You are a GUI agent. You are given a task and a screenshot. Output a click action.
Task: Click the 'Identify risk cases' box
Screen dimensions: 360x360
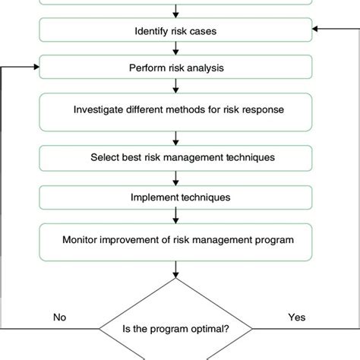tap(176, 32)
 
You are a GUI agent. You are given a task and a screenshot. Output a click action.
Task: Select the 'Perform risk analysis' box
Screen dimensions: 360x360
tap(176, 68)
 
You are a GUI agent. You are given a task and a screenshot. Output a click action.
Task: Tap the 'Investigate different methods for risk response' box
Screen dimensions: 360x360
tap(176, 109)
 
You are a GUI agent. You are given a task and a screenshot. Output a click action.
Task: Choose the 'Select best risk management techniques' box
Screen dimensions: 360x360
tap(176, 158)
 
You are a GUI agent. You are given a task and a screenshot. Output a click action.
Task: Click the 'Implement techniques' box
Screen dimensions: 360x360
tap(176, 197)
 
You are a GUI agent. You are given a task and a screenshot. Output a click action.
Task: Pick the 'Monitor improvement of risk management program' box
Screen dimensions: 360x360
tap(176, 241)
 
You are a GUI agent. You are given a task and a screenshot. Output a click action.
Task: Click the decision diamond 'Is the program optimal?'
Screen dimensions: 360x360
tap(176, 329)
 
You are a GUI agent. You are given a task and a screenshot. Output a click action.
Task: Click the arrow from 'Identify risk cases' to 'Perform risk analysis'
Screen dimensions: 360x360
tap(176, 49)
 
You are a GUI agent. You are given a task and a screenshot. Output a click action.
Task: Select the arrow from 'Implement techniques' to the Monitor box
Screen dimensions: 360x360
tap(176, 216)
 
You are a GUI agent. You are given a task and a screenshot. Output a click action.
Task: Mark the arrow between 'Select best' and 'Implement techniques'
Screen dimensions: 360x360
tap(176, 177)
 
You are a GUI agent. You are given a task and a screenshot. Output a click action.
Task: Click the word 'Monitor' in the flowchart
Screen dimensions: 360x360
tap(81, 241)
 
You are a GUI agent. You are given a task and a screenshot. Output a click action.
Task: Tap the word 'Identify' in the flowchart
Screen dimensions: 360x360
tap(150, 32)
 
